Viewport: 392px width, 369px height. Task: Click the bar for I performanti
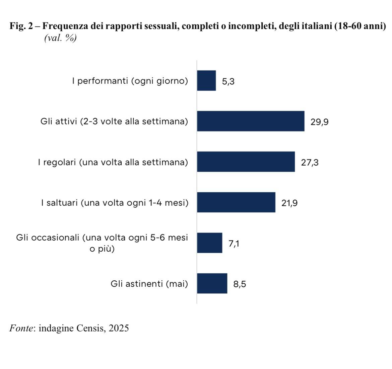(x=206, y=81)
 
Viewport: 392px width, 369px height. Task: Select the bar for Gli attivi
(x=251, y=121)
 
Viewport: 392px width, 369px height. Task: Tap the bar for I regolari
(x=246, y=162)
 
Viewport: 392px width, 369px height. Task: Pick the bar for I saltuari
(x=236, y=202)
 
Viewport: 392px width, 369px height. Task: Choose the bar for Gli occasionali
(x=209, y=243)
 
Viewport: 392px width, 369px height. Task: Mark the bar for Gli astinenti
(x=212, y=283)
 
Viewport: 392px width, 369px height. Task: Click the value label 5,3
(x=228, y=81)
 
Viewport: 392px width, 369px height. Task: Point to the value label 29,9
(x=319, y=122)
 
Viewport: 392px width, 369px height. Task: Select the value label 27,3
(x=310, y=163)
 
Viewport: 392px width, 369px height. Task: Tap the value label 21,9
(x=289, y=203)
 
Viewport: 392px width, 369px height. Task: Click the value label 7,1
(x=234, y=244)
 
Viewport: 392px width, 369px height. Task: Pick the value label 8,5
(x=240, y=284)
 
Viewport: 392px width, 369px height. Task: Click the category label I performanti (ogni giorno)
(x=130, y=81)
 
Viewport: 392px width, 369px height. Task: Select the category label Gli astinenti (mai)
(x=149, y=284)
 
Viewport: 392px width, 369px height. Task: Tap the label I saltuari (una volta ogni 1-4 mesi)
(x=115, y=203)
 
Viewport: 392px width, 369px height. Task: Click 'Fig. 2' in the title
(x=21, y=26)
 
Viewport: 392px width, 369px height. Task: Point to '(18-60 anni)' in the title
(x=360, y=26)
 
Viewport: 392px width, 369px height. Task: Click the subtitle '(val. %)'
(x=60, y=38)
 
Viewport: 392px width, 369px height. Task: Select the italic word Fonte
(x=21, y=328)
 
